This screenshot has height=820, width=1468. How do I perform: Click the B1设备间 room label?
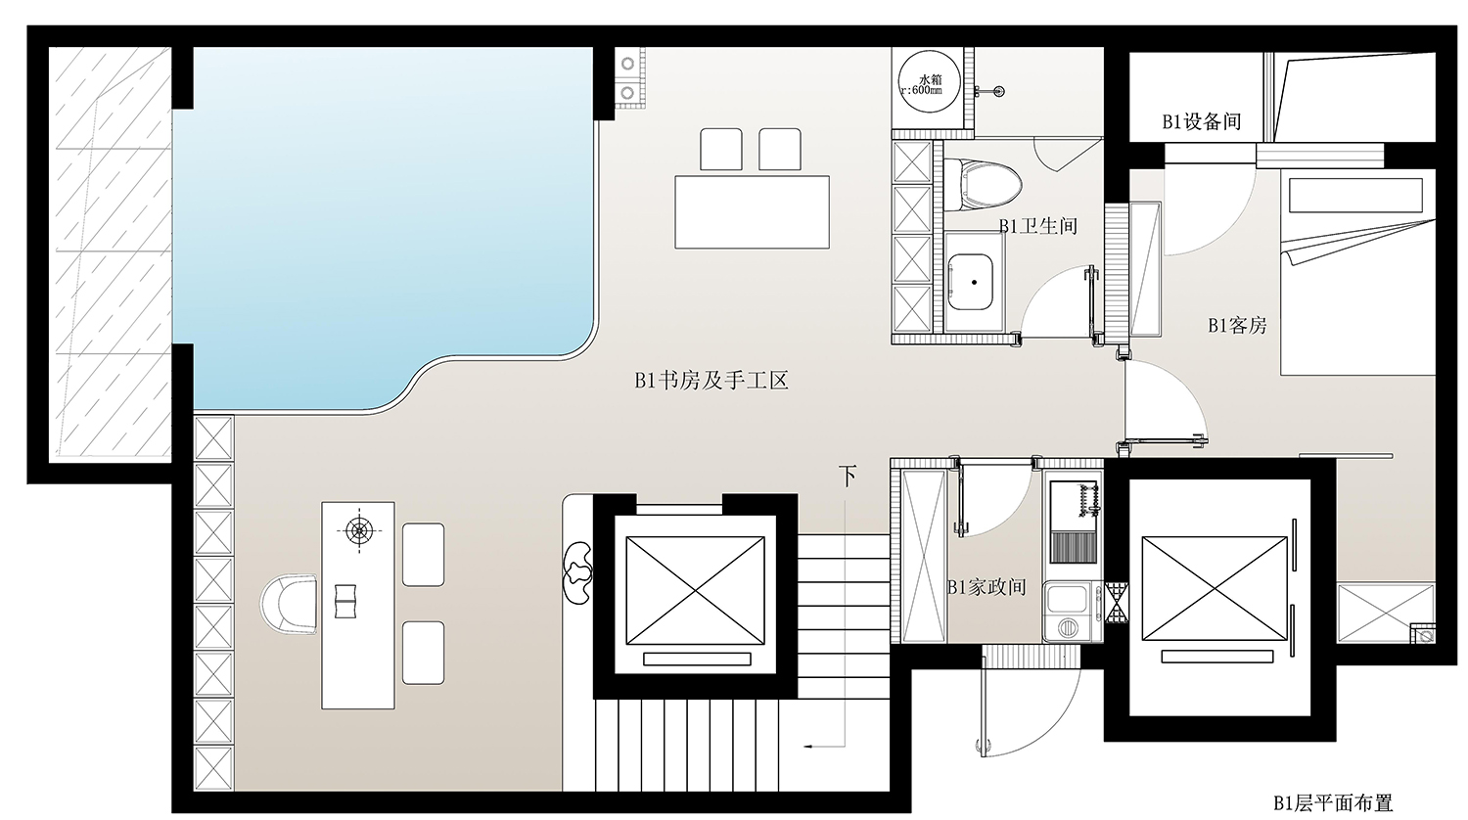tap(1201, 121)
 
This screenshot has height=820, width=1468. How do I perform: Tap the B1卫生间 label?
tap(1038, 226)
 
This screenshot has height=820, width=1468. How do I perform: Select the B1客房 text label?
tap(1237, 325)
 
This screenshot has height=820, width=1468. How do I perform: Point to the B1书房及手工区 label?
tap(711, 381)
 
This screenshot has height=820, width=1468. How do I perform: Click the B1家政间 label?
tap(986, 587)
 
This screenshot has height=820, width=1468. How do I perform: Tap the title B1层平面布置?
tap(1333, 803)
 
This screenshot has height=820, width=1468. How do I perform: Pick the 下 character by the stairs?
tap(848, 476)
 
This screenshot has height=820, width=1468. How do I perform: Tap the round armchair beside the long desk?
tap(289, 604)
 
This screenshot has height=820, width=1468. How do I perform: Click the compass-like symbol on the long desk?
tap(358, 529)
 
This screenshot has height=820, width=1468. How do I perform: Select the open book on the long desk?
tap(344, 601)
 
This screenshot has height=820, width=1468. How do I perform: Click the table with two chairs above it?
tap(753, 211)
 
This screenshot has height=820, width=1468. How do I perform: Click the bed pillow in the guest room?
tap(1355, 196)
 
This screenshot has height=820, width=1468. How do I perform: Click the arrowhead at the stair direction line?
tap(809, 746)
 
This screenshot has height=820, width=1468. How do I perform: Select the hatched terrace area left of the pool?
tap(112, 252)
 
